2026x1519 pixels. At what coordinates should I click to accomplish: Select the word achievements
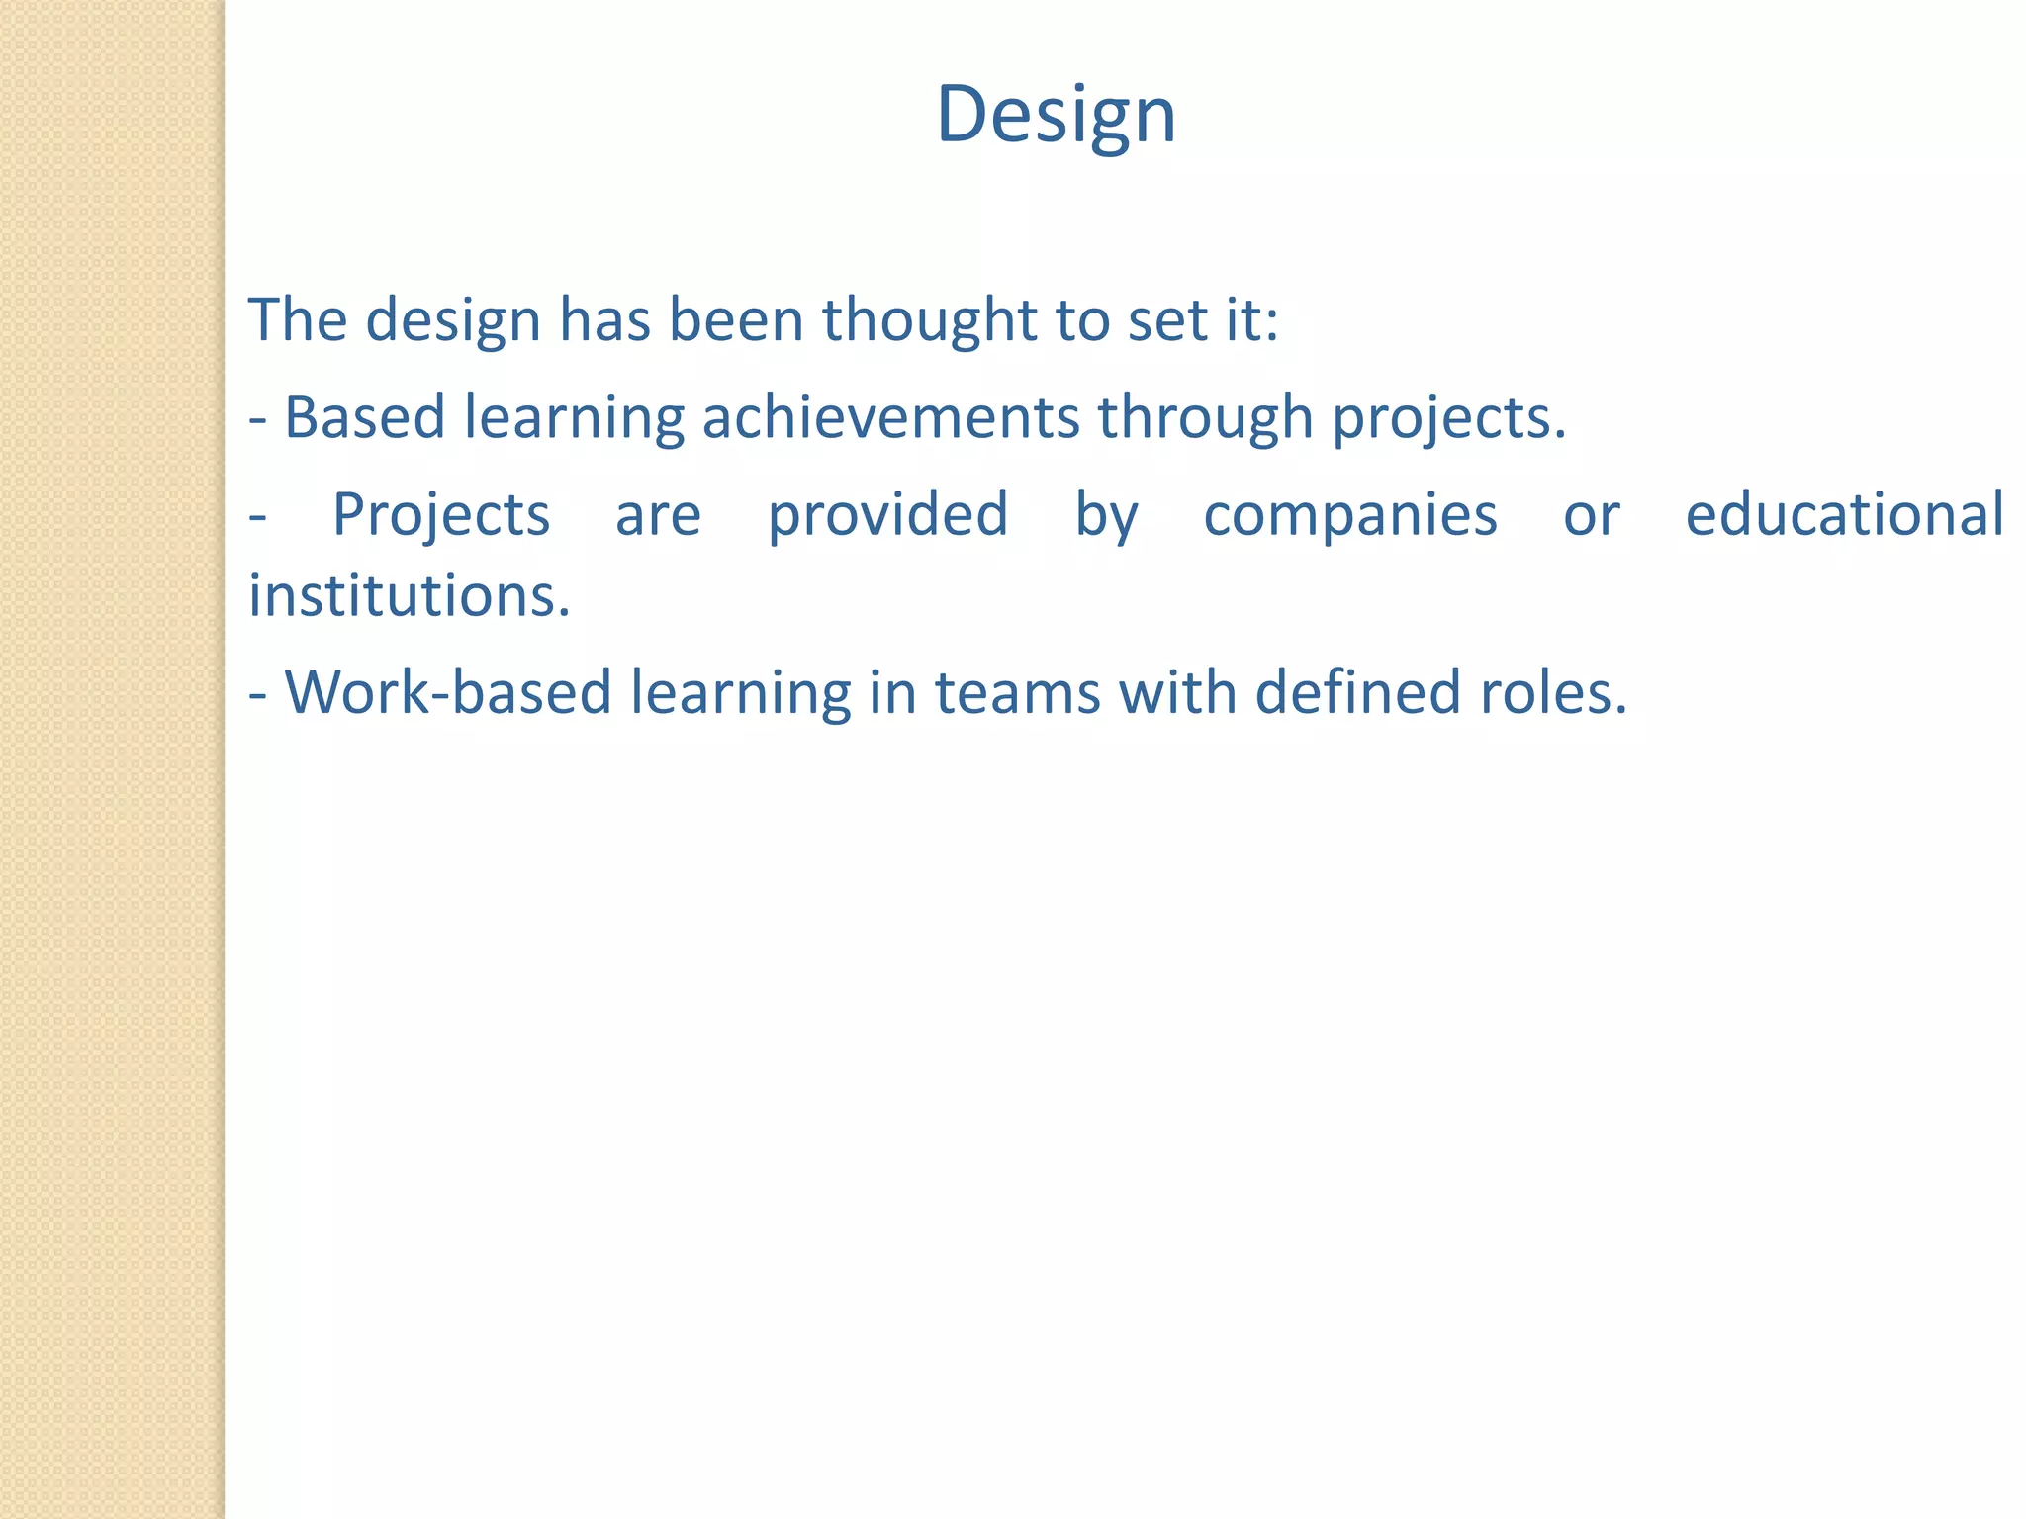890,416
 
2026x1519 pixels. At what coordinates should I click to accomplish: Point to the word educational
1844,514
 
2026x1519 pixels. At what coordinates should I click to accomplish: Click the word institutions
409,595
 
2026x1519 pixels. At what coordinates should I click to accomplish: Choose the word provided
887,514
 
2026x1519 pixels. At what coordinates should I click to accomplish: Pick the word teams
1017,692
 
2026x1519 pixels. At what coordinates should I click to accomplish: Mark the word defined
1358,691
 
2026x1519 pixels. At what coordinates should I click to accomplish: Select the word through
1205,416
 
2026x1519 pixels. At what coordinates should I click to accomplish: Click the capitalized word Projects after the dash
440,514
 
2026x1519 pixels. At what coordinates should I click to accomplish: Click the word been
735,320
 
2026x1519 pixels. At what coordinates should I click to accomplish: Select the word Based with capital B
364,416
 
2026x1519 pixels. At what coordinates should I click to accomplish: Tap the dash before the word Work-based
258,694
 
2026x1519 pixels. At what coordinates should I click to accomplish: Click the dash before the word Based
258,419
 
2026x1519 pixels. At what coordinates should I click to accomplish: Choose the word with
1177,691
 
